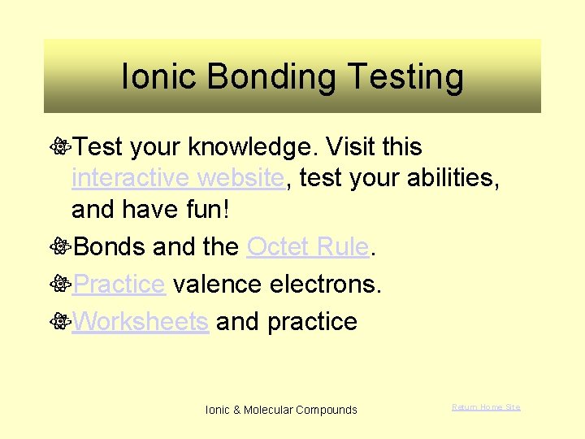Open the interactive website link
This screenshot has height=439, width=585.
pyautogui.click(x=177, y=177)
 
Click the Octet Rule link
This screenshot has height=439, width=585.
pyautogui.click(x=308, y=246)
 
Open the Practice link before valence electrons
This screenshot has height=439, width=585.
pyautogui.click(x=119, y=284)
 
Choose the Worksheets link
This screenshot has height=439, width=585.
pyautogui.click(x=140, y=321)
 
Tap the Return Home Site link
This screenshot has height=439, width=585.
pyautogui.click(x=486, y=406)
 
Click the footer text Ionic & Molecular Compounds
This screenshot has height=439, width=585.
pyautogui.click(x=281, y=410)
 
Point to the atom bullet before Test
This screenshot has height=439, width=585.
pyautogui.click(x=58, y=147)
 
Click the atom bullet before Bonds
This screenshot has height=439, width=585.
pyautogui.click(x=58, y=247)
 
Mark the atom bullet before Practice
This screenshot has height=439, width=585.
pyautogui.click(x=58, y=285)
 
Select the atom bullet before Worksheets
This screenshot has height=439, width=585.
pyautogui.click(x=58, y=322)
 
